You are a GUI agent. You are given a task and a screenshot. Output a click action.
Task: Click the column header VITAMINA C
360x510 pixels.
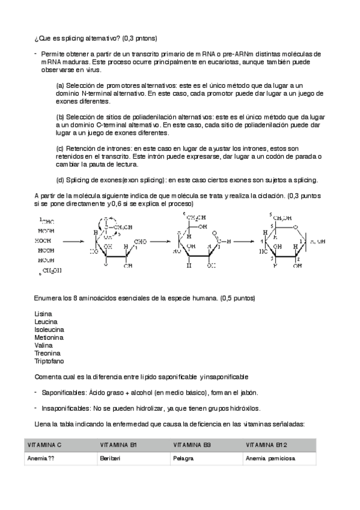tap(44, 444)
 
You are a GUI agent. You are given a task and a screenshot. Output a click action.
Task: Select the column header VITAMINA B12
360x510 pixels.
tap(265, 444)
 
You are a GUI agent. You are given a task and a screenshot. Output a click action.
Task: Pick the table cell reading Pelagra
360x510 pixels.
tap(183, 458)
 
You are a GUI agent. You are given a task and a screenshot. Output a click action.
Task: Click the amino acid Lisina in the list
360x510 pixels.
tap(43, 314)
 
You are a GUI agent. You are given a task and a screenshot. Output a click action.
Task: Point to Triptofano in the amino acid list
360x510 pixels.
tap(49, 361)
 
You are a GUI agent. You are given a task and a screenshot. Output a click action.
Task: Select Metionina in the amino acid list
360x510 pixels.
tap(48, 338)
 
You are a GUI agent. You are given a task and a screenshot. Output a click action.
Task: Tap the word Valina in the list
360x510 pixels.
tap(44, 346)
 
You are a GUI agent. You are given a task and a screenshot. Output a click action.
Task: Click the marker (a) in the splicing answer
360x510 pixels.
tap(60, 85)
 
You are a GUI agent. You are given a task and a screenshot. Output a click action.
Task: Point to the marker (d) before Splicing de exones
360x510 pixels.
tap(60, 180)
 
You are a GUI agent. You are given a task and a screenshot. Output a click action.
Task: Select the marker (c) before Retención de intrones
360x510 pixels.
tap(60, 148)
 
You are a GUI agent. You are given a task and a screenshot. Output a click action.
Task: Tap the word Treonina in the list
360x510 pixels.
tap(46, 354)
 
